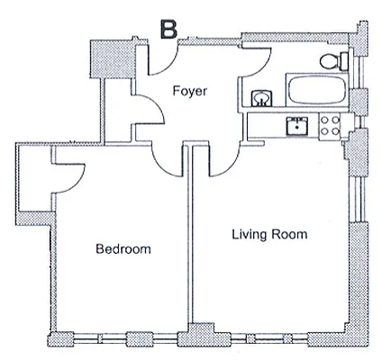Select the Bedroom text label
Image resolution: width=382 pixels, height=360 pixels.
pos(123,249)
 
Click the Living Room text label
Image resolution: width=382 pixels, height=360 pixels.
pos(269,235)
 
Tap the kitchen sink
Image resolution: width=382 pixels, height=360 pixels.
pos(294,126)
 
